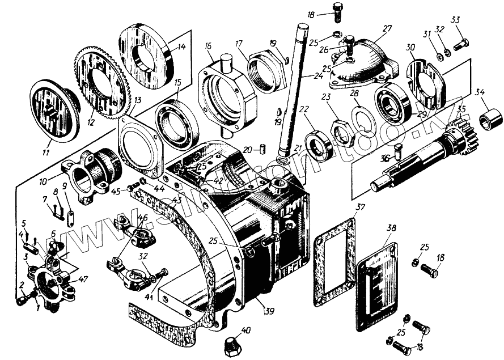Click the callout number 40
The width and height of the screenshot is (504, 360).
pyautogui.click(x=245, y=331)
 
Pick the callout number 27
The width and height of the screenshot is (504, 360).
pyautogui.click(x=387, y=29)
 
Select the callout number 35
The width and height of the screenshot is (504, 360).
pyautogui.click(x=461, y=109)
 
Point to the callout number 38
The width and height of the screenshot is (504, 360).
pyautogui.click(x=391, y=228)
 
